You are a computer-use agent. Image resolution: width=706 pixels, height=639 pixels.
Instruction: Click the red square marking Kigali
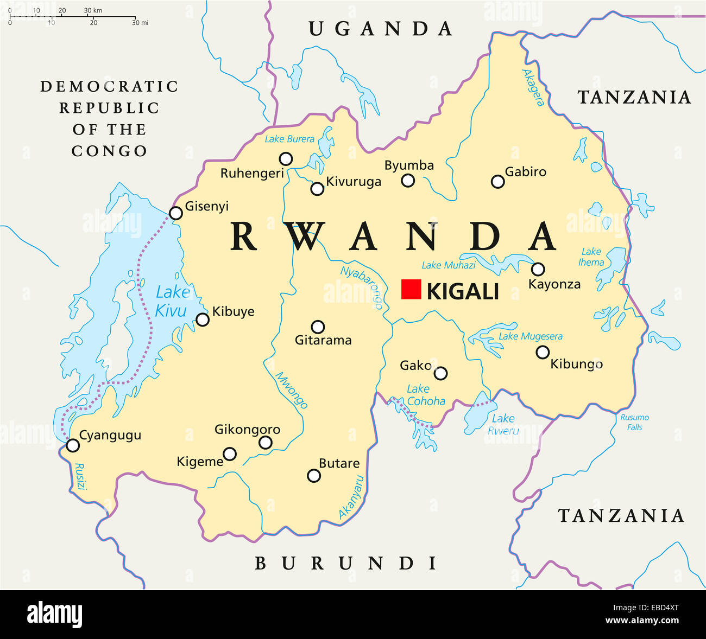point(411,289)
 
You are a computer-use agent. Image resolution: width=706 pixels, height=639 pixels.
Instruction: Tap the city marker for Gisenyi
point(175,213)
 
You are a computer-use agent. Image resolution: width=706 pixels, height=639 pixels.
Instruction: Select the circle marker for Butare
point(313,476)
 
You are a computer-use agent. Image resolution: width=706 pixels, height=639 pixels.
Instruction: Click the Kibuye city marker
point(202,319)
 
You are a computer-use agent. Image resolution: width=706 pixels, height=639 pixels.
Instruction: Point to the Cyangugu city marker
point(72,445)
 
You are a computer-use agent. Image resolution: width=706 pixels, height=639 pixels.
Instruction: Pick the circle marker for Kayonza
point(538,269)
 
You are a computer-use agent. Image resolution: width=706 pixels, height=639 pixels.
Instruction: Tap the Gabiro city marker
point(497,182)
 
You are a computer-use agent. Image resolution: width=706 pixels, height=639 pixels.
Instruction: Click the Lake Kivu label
point(171,302)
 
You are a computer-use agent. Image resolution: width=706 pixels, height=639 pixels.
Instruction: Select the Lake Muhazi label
point(449,265)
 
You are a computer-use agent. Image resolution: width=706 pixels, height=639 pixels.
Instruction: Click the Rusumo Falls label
point(634,422)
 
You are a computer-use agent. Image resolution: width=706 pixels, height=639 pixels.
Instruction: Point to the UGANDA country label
point(381,29)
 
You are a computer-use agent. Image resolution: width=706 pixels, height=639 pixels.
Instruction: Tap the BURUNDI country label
point(346,564)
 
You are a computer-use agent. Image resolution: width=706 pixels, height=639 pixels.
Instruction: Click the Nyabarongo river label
point(362,287)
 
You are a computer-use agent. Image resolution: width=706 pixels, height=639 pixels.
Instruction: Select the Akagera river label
point(533,87)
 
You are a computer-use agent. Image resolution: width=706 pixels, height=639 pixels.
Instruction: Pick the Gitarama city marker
point(318,327)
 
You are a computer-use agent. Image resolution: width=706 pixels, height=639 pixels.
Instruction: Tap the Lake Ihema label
point(591,257)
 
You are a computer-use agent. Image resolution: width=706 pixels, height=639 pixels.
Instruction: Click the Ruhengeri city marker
point(286,159)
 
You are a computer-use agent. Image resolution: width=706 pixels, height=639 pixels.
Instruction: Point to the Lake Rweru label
point(503,424)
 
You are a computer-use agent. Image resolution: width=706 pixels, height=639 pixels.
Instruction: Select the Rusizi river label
point(81,477)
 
